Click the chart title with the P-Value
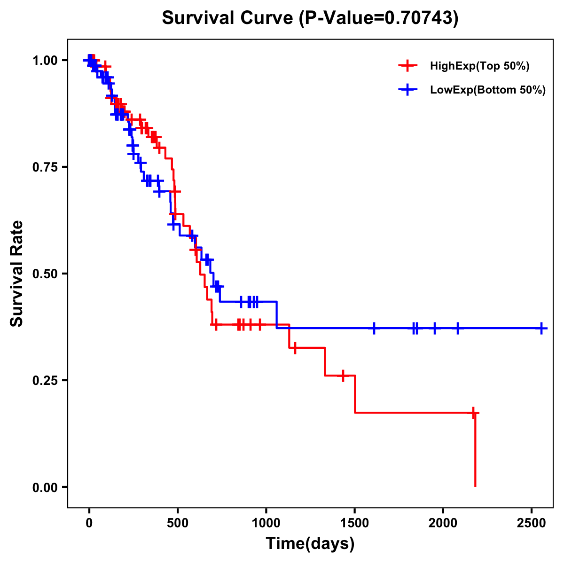(310, 18)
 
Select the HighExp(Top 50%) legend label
(479, 66)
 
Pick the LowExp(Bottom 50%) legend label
(488, 90)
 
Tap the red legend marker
(407, 66)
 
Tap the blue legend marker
(407, 90)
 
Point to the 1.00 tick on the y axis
(45, 61)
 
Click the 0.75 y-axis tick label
(45, 167)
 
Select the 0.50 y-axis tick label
(45, 274)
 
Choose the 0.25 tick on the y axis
(45, 381)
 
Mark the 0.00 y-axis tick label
(45, 487)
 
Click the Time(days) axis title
(310, 544)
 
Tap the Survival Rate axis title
(17, 274)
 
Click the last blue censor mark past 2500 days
(541, 328)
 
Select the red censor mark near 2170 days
(474, 413)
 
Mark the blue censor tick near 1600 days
(374, 328)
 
